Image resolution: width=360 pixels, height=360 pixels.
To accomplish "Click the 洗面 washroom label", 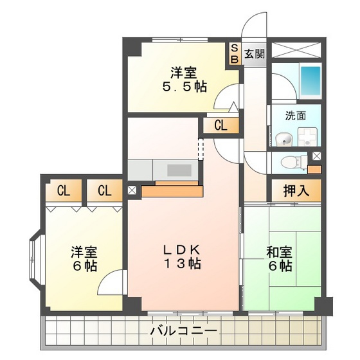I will [x=296, y=116].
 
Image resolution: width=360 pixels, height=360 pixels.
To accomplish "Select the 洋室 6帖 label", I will [x=84, y=257].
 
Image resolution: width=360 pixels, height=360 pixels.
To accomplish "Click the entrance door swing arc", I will [x=254, y=26].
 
